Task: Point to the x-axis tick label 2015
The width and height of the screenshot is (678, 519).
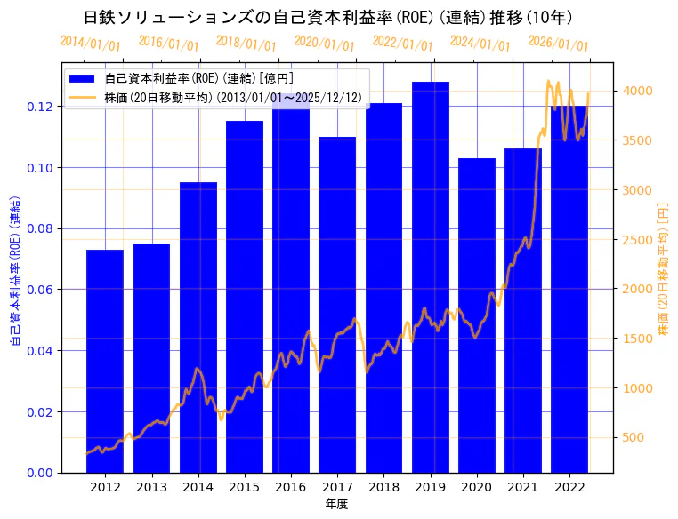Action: point(245,487)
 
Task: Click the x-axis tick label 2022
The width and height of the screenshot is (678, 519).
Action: point(569,487)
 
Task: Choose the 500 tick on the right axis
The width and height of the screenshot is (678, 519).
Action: point(634,437)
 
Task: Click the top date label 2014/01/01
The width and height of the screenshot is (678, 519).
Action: point(90,43)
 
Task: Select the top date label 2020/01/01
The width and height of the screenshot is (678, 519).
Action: point(324,43)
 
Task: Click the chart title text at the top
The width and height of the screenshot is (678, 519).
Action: point(328,18)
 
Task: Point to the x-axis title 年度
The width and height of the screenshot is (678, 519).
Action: point(336,504)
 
